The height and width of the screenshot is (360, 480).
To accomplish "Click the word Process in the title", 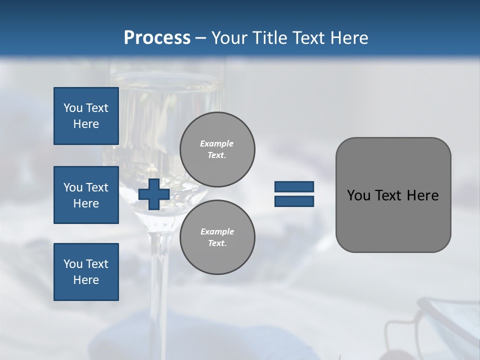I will [x=157, y=38].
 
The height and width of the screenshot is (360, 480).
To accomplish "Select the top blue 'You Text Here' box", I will [x=86, y=116].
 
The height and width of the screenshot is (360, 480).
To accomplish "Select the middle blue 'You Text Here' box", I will [x=86, y=195].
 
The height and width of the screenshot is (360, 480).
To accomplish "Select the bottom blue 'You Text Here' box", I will [x=86, y=272].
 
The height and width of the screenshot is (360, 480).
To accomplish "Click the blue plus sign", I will [x=154, y=194].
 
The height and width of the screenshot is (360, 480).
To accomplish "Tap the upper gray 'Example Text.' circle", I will [x=217, y=149].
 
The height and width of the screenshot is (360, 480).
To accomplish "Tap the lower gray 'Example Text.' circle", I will [x=217, y=237].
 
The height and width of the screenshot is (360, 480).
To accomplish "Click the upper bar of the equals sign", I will [x=294, y=187].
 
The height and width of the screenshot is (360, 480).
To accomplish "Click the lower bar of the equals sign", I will [x=294, y=201].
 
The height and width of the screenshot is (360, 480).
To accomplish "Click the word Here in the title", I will [x=350, y=38].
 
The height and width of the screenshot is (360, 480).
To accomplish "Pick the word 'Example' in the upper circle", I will [x=217, y=143].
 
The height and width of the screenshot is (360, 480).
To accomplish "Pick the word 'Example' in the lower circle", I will [x=217, y=231].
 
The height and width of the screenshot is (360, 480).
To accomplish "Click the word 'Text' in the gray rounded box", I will [x=388, y=195].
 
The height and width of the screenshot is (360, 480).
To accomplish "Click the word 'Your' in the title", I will [x=228, y=38].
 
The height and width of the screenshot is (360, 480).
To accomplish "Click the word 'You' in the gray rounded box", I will [x=358, y=195].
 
